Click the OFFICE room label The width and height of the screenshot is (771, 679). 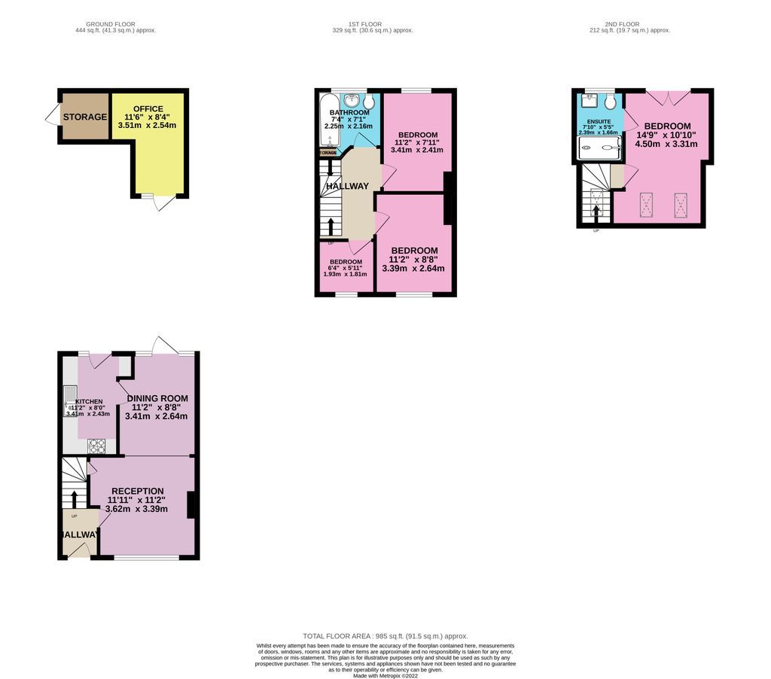coord(148,108)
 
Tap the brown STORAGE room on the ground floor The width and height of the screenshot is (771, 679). coord(84,117)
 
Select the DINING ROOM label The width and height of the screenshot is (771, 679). coord(157,398)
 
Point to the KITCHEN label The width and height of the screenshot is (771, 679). coord(88,402)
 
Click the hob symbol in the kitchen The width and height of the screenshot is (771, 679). coord(97,446)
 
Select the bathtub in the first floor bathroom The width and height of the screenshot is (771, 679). coord(328,124)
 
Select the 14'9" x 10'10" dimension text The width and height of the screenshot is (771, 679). coord(666,135)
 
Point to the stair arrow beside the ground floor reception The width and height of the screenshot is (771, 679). coord(75,499)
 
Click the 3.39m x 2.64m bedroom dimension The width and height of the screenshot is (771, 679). coord(413,268)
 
